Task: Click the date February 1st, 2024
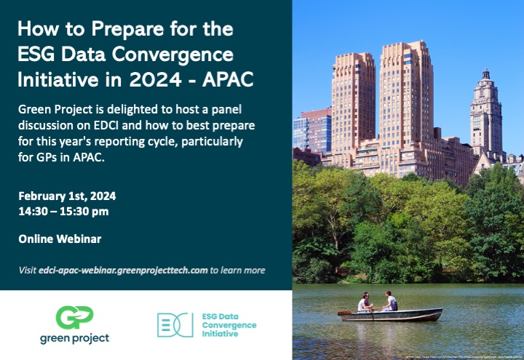coord(67,196)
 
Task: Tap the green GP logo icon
coord(74,317)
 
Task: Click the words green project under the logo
coord(74,339)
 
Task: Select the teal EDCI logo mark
coord(175,324)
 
